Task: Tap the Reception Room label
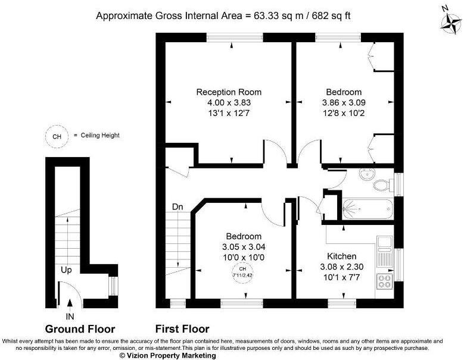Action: (x=229, y=92)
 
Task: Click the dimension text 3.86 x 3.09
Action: (x=343, y=102)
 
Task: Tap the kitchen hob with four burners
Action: (x=384, y=281)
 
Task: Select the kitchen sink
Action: (x=384, y=249)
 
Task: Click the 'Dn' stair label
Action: (x=178, y=207)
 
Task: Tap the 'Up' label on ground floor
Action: (x=66, y=270)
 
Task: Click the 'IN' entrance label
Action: (x=70, y=316)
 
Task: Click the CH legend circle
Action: (x=57, y=136)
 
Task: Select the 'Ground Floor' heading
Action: (x=80, y=329)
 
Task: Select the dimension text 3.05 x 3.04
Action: (x=243, y=246)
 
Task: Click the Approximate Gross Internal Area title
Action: (x=223, y=15)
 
